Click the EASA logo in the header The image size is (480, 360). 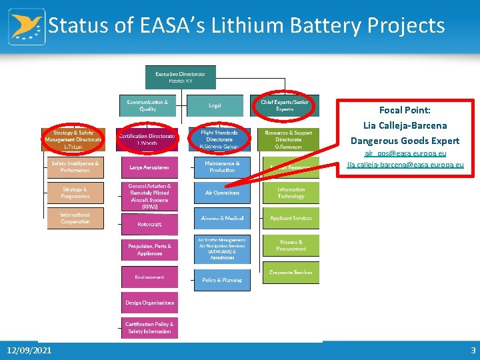27,27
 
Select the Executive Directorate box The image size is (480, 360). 180,77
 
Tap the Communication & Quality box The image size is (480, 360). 147,105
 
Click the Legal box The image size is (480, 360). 215,105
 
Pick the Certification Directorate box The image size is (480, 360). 147,139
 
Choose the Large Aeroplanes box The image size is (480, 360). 149,167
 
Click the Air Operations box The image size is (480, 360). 222,193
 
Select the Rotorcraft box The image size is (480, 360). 149,224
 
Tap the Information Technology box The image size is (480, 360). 291,193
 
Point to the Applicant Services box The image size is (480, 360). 291,218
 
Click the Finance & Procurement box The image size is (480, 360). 291,245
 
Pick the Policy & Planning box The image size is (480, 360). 222,280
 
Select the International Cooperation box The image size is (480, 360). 75,218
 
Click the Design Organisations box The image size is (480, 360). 149,303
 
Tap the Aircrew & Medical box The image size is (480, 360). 222,218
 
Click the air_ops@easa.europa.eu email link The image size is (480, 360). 405,154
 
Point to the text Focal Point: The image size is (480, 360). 405,110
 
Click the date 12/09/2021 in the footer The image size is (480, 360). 29,351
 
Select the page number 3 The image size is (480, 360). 473,351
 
